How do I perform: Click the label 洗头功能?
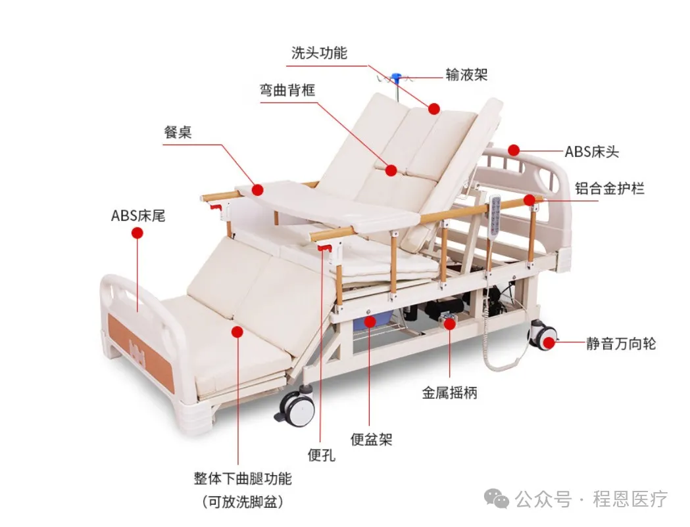[x=319, y=53]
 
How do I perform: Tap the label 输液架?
[x=466, y=74]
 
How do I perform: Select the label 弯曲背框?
[x=287, y=89]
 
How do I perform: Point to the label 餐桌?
[x=178, y=131]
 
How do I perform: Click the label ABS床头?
[x=592, y=152]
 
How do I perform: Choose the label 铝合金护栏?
[x=610, y=189]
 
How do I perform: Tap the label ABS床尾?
[x=137, y=215]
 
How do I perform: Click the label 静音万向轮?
[x=621, y=343]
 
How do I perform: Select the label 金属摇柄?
[x=449, y=393]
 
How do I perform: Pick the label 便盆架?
[x=371, y=440]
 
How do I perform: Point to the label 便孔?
[x=322, y=454]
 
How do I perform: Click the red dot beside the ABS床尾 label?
[x=137, y=233]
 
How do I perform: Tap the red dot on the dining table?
[x=258, y=189]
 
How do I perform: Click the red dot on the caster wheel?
[x=548, y=341]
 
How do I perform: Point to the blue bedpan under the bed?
[x=368, y=322]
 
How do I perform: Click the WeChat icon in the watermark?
[x=500, y=499]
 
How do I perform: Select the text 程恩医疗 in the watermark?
[x=630, y=499]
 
